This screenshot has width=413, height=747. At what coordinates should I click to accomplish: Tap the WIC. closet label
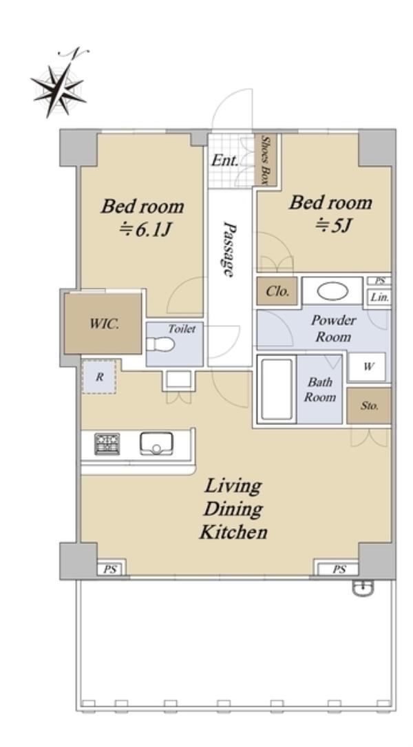coord(104,324)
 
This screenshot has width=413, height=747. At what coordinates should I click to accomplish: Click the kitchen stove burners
coord(107,443)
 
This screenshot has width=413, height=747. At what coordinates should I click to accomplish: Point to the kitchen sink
coord(156,443)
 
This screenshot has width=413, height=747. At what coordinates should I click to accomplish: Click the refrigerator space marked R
coord(98,377)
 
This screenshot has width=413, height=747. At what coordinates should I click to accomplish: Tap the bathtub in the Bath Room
coord(276,389)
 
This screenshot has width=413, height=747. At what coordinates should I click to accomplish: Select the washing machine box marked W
coord(367,366)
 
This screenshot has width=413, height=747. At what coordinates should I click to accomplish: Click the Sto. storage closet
coord(369,406)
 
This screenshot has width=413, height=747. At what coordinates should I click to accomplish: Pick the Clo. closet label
coord(277,291)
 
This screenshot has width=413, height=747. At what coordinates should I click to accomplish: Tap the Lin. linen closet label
coord(380,298)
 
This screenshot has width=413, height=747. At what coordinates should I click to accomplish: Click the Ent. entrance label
coord(225,160)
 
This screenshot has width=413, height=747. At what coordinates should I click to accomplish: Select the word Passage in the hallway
coord(230,249)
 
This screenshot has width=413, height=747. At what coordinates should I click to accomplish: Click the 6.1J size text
coord(145,230)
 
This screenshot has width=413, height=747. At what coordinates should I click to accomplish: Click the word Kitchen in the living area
coord(233,532)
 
